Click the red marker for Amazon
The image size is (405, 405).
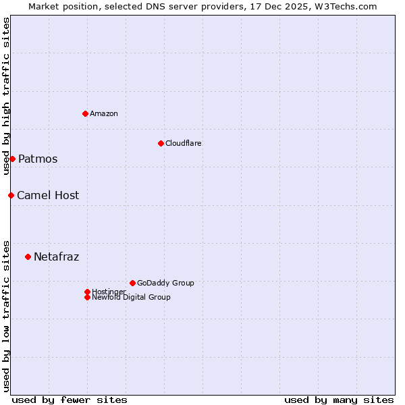tap(85, 113)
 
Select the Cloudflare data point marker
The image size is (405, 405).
tap(161, 143)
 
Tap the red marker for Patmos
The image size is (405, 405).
tap(12, 159)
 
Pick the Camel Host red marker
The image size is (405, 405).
tap(11, 195)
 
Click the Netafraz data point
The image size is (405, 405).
tap(28, 256)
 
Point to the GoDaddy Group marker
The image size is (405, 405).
tap(132, 283)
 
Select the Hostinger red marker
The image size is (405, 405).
tap(87, 292)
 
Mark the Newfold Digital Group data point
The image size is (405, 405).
tap(87, 297)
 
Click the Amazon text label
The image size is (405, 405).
tap(104, 113)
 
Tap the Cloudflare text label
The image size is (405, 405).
tap(184, 143)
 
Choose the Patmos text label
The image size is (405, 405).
tap(38, 159)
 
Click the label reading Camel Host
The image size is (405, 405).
tap(48, 196)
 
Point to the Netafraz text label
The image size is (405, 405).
tap(57, 257)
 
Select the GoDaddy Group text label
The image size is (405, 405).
tap(165, 283)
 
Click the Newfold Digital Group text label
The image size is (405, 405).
tap(132, 298)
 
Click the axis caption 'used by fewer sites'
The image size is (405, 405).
tap(70, 400)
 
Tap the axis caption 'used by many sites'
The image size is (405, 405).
tap(339, 400)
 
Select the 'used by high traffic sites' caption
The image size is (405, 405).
tap(6, 96)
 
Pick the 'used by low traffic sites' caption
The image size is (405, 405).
tap(6, 315)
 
